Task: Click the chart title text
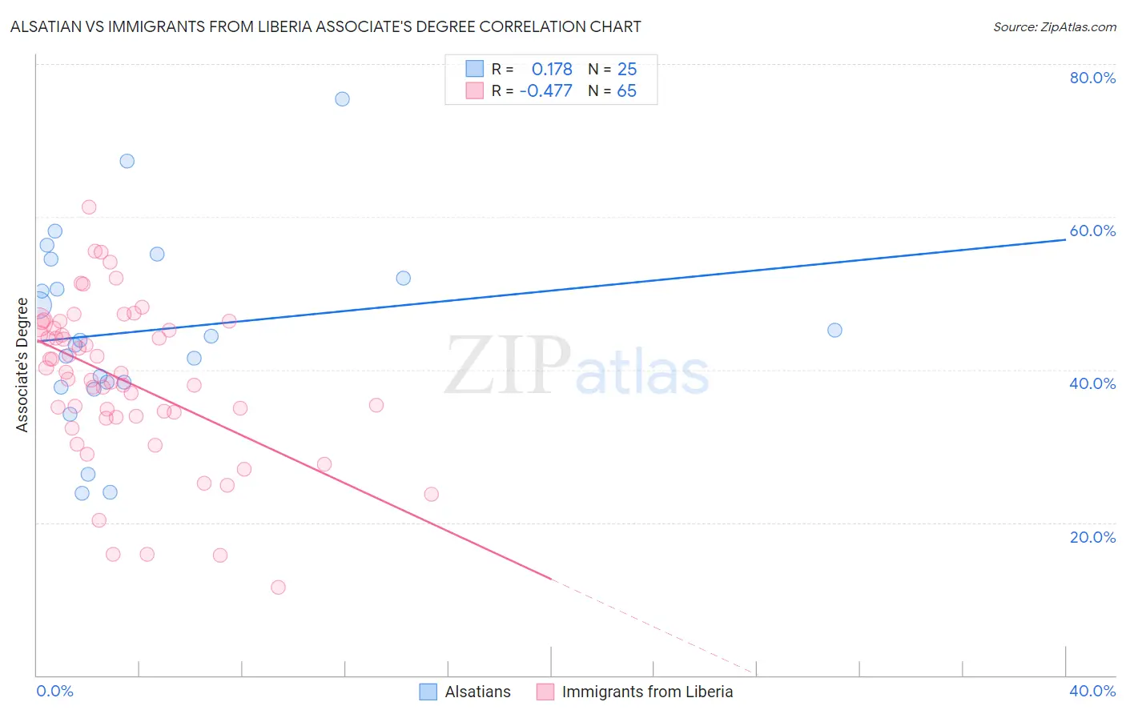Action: click(325, 26)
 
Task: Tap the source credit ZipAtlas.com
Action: click(1054, 27)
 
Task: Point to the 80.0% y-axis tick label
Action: click(1092, 78)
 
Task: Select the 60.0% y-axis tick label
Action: click(1092, 231)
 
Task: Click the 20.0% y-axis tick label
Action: click(1092, 537)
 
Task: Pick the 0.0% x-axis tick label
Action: click(54, 691)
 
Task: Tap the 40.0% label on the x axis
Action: click(1092, 691)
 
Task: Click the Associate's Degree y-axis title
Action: click(22, 365)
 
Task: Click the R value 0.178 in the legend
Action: click(552, 70)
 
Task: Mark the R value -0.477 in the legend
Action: click(546, 91)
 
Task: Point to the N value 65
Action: click(626, 91)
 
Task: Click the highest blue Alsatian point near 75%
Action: click(342, 99)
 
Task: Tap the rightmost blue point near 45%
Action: click(834, 330)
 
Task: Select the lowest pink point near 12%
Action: click(278, 588)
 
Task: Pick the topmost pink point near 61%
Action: click(89, 207)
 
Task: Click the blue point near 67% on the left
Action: click(127, 161)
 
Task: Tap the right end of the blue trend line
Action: click(1064, 239)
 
